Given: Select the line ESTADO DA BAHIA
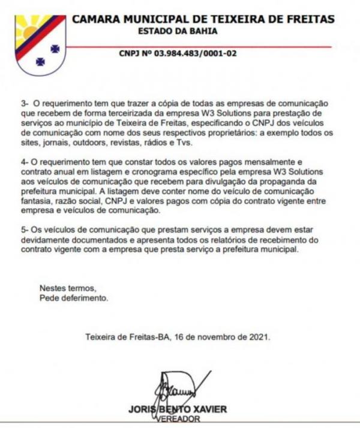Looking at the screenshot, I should pyautogui.click(x=178, y=31).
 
